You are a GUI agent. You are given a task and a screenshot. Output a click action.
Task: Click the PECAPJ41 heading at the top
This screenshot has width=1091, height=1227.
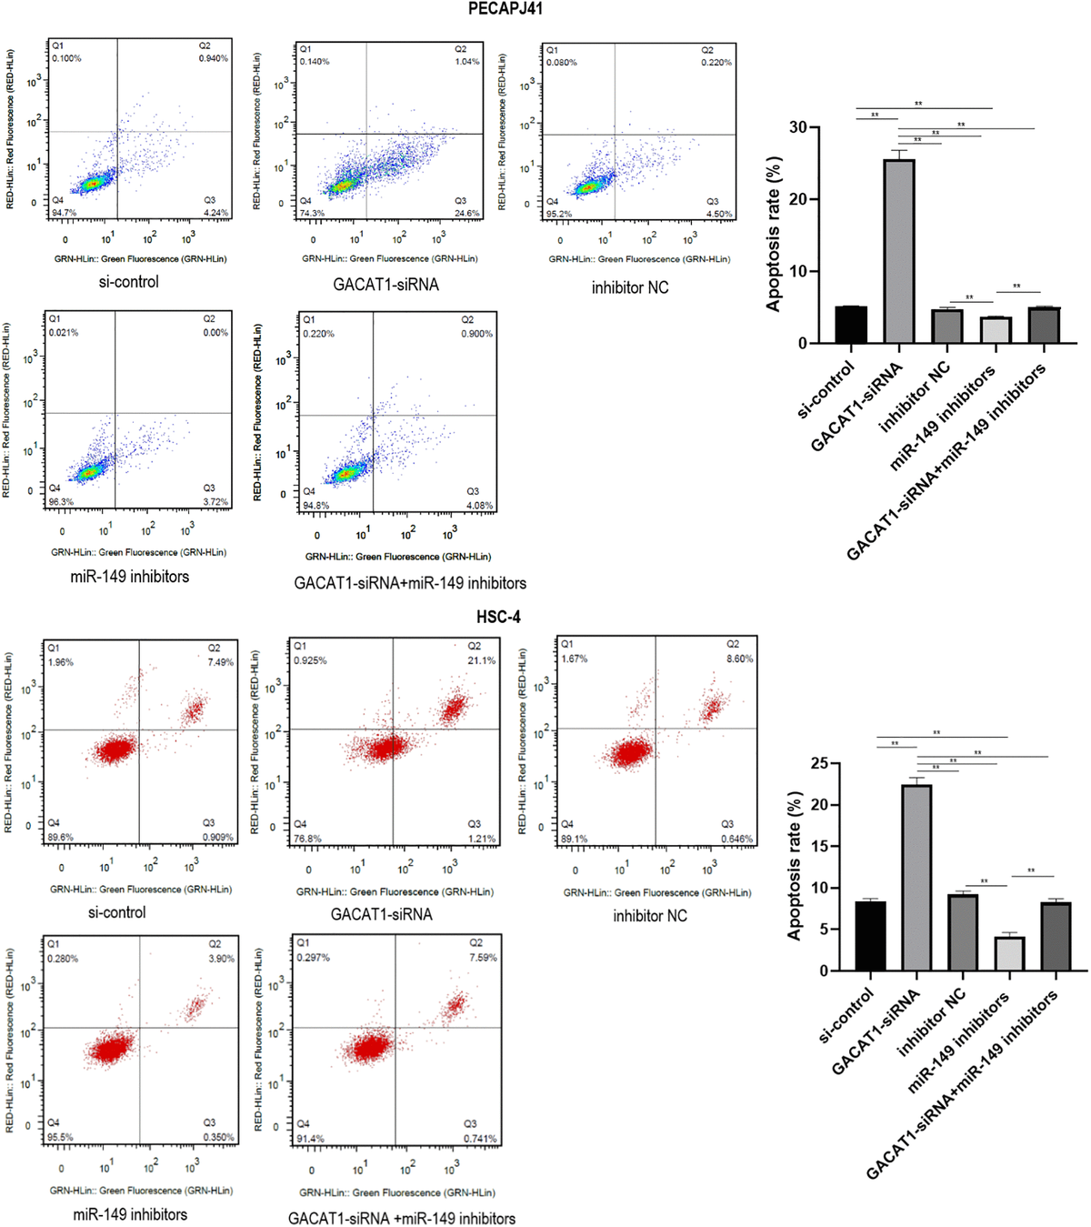click(505, 9)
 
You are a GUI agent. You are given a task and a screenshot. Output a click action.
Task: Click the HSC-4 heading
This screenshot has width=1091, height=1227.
click(498, 617)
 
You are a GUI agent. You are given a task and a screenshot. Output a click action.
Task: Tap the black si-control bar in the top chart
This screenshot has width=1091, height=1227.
click(851, 325)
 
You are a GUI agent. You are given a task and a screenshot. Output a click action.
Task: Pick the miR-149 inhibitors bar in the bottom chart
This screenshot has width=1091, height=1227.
click(1009, 953)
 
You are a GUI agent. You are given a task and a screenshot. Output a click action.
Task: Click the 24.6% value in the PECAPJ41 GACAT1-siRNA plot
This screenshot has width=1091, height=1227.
click(466, 214)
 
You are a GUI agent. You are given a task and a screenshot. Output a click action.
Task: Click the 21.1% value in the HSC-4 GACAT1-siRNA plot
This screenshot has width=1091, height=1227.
click(481, 660)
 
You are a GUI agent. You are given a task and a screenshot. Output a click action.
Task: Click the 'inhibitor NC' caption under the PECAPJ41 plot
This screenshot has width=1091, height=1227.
click(630, 287)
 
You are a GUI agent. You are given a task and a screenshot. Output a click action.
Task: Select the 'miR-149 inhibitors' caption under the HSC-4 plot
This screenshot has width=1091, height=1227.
click(130, 1214)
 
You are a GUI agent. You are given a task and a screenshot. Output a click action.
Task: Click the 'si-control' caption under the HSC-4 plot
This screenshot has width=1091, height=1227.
click(116, 912)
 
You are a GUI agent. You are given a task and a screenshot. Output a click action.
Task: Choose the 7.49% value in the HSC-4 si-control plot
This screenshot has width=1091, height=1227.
click(220, 662)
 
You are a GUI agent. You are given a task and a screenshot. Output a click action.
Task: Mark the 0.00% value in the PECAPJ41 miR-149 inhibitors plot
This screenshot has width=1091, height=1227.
click(215, 333)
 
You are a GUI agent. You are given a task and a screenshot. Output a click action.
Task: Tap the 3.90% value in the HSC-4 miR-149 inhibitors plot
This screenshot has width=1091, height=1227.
click(221, 959)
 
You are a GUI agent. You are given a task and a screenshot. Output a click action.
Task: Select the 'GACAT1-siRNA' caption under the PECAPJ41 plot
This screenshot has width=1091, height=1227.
click(385, 285)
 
